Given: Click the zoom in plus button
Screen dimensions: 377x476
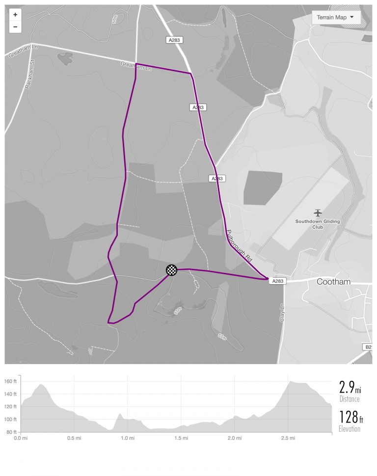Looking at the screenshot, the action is pyautogui.click(x=15, y=15).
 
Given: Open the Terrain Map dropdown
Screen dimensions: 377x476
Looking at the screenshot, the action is pyautogui.click(x=336, y=18).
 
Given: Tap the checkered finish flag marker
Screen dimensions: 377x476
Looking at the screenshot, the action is pyautogui.click(x=171, y=270).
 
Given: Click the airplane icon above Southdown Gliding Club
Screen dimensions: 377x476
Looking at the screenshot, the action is pyautogui.click(x=318, y=212).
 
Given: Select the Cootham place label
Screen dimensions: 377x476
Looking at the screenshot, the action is pyautogui.click(x=334, y=282).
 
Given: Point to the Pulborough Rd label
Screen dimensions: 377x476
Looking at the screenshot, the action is pyautogui.click(x=239, y=243).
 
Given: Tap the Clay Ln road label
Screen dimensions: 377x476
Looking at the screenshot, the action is pyautogui.click(x=281, y=312).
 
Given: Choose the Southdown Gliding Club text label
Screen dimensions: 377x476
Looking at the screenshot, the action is pyautogui.click(x=318, y=224).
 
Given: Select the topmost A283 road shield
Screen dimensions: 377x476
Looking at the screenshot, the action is pyautogui.click(x=174, y=40).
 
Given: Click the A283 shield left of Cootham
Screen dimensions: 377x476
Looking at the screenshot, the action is pyautogui.click(x=277, y=281).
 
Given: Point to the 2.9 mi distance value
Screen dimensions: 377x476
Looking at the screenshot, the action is pyautogui.click(x=350, y=388).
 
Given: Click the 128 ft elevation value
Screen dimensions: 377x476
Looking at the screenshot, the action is pyautogui.click(x=350, y=419).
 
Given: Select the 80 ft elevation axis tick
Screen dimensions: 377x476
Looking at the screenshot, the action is pyautogui.click(x=12, y=432).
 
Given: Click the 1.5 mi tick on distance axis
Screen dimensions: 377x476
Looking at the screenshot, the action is pyautogui.click(x=181, y=438).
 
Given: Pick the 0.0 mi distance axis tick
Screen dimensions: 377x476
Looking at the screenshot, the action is pyautogui.click(x=20, y=438).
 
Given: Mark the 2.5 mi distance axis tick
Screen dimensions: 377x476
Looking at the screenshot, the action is pyautogui.click(x=289, y=438).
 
